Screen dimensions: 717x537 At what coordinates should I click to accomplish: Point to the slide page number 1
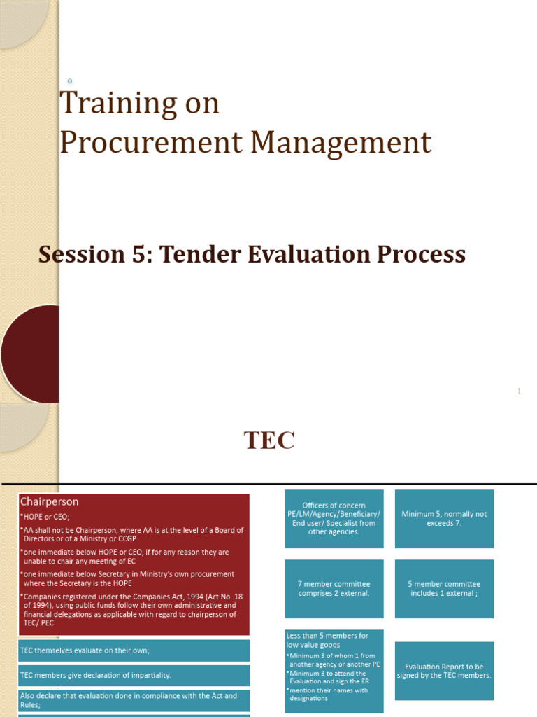click(519, 391)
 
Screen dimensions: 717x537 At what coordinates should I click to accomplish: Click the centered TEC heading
click(269, 441)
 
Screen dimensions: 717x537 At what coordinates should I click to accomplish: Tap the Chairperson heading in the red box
click(50, 501)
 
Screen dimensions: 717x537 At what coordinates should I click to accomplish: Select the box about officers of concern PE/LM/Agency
click(334, 519)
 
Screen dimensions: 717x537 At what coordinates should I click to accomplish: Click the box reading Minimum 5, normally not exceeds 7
click(444, 519)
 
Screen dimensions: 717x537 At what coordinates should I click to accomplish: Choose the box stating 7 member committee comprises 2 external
click(334, 588)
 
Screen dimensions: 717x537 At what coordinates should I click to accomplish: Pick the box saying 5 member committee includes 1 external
click(444, 588)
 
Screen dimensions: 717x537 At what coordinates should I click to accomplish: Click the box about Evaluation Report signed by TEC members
click(444, 671)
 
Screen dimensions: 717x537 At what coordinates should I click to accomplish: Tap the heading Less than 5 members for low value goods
click(327, 640)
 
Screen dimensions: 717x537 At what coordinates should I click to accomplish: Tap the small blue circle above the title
click(69, 81)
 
